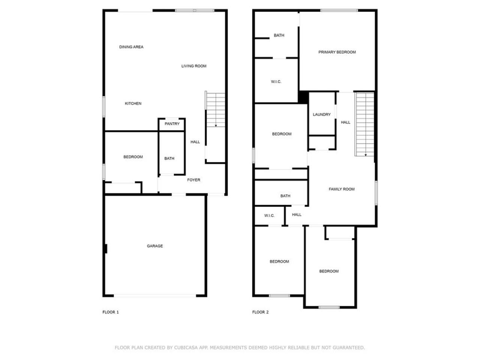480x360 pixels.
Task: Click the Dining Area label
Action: (131, 47)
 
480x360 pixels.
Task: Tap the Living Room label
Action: (194, 66)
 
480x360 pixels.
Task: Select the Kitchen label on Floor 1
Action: (133, 103)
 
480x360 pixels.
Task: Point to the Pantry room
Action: (172, 124)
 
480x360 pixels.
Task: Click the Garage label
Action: (155, 246)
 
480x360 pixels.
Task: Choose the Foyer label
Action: (193, 180)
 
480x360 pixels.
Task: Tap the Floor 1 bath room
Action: (172, 153)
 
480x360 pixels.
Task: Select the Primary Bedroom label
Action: (337, 52)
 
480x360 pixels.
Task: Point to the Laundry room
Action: (322, 114)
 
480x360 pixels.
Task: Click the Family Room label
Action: (342, 189)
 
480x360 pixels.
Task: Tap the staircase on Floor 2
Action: (365, 124)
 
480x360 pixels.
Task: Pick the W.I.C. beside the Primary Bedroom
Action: (276, 81)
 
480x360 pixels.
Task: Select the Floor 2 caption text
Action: (260, 312)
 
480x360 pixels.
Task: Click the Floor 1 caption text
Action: (110, 312)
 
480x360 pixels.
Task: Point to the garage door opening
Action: (155, 296)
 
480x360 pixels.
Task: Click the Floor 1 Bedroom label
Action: (133, 157)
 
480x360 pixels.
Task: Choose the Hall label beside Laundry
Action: (345, 122)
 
